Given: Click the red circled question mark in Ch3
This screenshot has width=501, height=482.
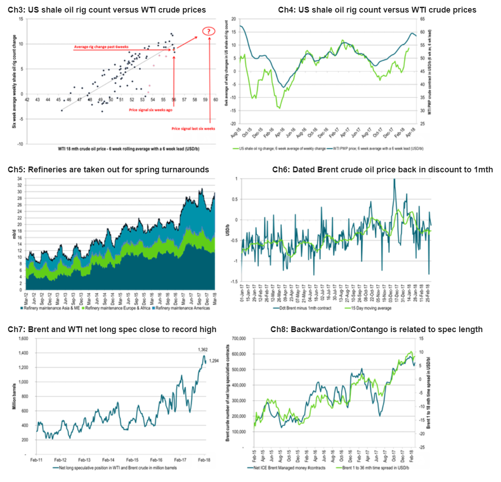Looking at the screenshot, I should coord(209,31).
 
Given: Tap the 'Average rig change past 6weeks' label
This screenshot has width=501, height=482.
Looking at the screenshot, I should coord(101,47).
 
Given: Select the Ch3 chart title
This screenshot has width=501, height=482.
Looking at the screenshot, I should coord(107,10).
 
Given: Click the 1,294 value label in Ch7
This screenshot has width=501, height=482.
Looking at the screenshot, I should coord(213,360).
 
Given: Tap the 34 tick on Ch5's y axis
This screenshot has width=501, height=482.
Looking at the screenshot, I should coord(19,179).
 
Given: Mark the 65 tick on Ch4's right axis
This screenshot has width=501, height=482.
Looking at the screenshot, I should coord(423,19).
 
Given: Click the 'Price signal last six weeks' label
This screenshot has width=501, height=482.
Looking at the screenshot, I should coord(193,128).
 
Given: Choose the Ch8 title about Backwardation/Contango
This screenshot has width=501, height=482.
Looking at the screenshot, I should coord(377,329).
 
